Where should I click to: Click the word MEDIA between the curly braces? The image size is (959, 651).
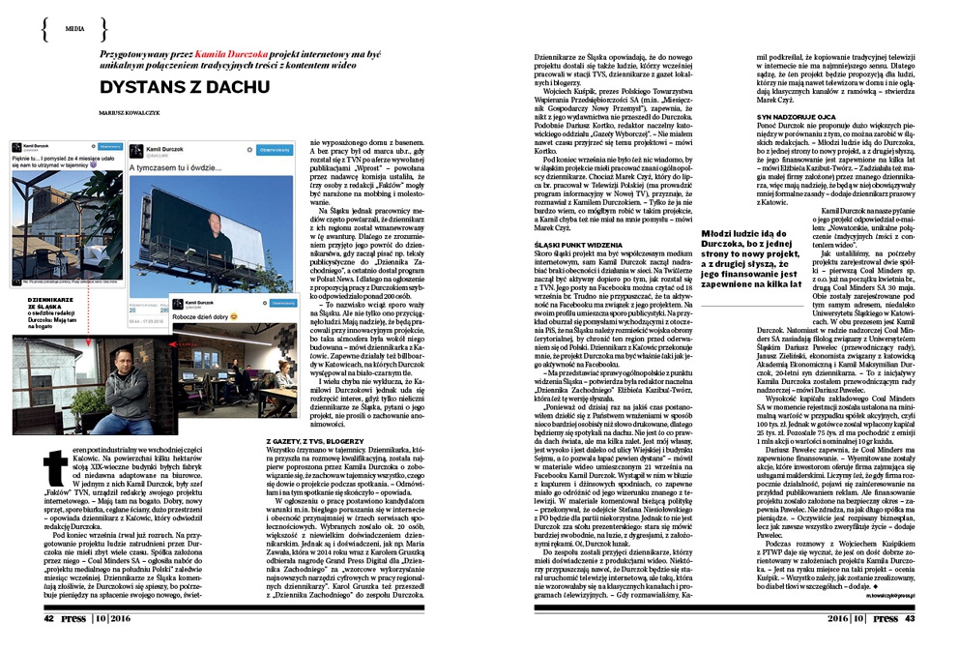click(74, 29)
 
